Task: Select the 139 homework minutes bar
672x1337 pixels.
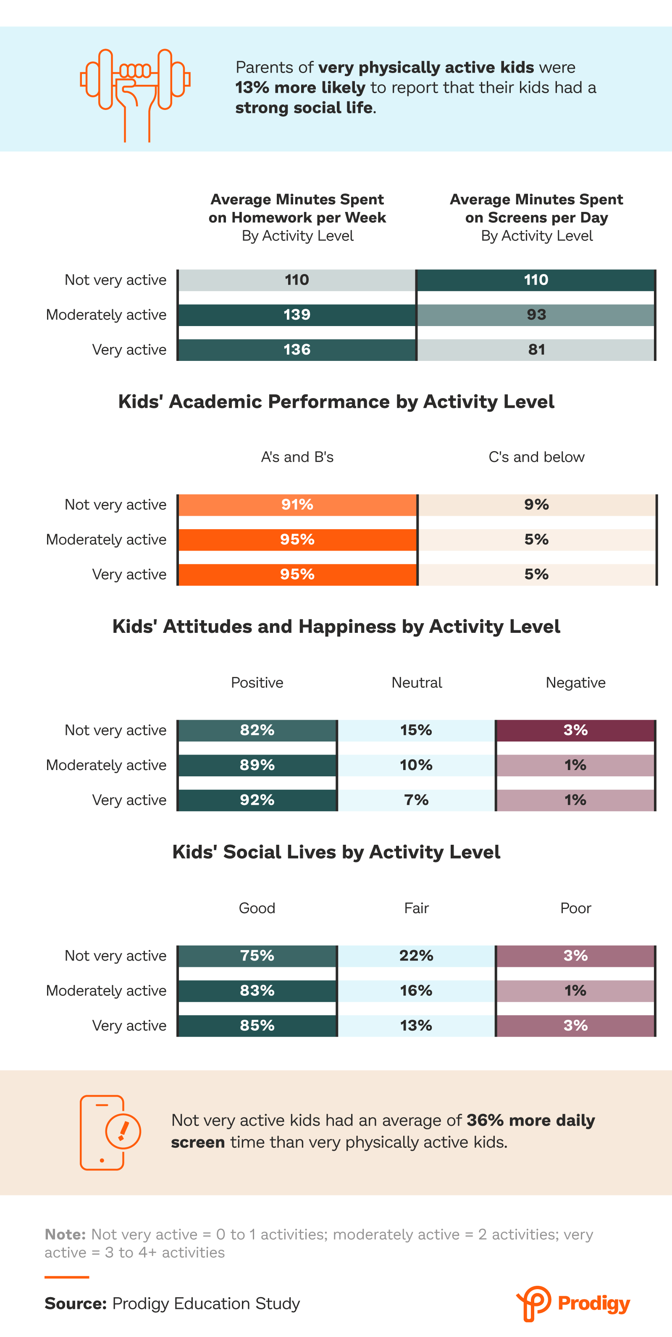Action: coord(297,315)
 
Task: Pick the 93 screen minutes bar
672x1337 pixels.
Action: coord(536,315)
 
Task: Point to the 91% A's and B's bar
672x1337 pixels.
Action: coord(297,504)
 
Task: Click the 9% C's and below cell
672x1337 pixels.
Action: coord(536,504)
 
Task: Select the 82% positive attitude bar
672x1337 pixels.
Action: coord(257,730)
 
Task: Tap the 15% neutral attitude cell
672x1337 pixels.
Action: coord(416,730)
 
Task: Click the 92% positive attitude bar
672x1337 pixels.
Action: coord(257,800)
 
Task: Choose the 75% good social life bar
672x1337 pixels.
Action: coord(257,956)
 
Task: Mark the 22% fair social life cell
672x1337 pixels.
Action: coord(416,956)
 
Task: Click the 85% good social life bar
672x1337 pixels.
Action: coord(257,1026)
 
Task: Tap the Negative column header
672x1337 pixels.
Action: coord(575,682)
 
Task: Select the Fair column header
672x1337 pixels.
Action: coord(416,908)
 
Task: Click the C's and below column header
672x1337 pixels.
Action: coord(536,457)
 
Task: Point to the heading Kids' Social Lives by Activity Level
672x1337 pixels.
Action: coord(336,852)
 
